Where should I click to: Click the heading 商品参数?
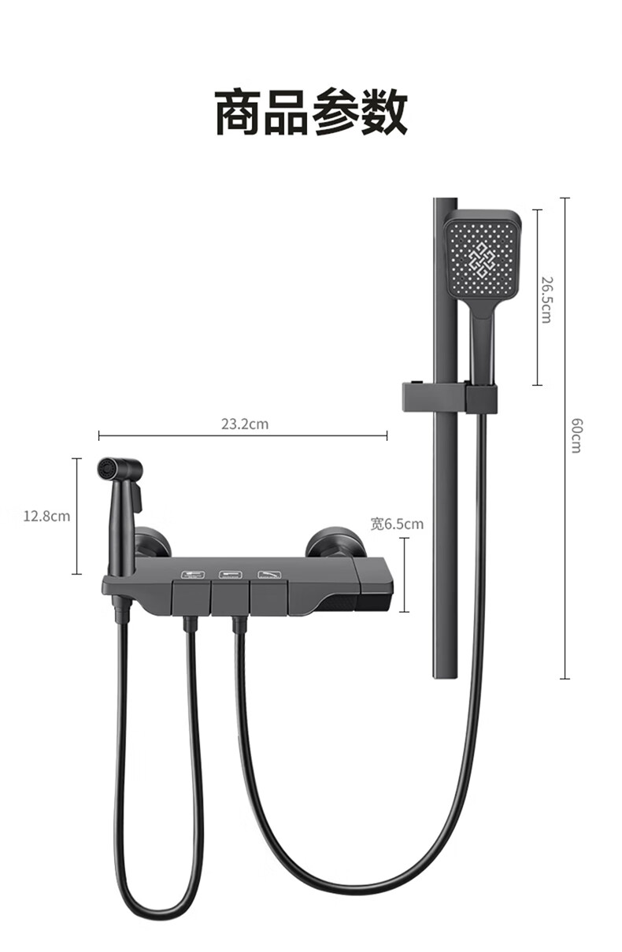pyautogui.click(x=311, y=112)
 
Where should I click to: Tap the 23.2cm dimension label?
pyautogui.click(x=245, y=424)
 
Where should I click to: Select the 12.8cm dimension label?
pyautogui.click(x=46, y=517)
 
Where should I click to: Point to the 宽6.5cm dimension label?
pyautogui.click(x=398, y=524)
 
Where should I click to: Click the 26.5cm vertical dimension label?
pyautogui.click(x=547, y=300)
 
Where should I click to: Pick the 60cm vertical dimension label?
pyautogui.click(x=576, y=435)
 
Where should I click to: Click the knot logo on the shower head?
pyautogui.click(x=482, y=260)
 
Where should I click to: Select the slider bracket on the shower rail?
pyautogui.click(x=450, y=398)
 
